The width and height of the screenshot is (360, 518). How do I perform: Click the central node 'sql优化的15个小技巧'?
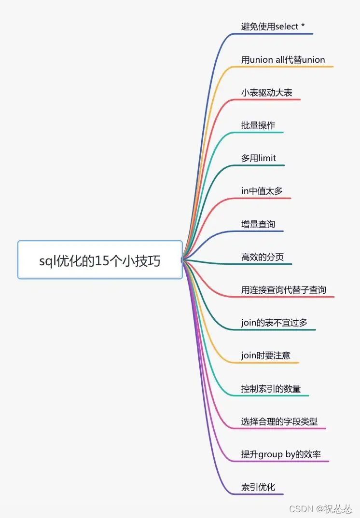pyautogui.click(x=100, y=261)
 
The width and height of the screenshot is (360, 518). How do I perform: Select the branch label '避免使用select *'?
pyautogui.click(x=273, y=27)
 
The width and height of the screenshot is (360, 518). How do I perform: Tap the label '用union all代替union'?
pyautogui.click(x=283, y=60)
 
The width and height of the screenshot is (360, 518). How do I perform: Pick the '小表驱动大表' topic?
pyautogui.click(x=266, y=93)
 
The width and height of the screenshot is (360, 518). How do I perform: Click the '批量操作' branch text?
pyautogui.click(x=258, y=125)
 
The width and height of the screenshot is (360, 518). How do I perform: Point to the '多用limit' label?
pyautogui.click(x=259, y=158)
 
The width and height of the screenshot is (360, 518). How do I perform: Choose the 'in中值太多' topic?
pyautogui.click(x=262, y=191)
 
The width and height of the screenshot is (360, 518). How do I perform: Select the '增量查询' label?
pyautogui.click(x=258, y=224)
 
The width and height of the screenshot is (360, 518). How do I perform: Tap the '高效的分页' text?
pyautogui.click(x=262, y=257)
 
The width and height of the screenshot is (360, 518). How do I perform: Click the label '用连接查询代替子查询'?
pyautogui.click(x=284, y=290)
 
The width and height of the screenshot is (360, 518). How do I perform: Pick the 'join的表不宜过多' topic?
pyautogui.click(x=274, y=323)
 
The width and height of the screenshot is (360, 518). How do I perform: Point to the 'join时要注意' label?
pyautogui.click(x=266, y=355)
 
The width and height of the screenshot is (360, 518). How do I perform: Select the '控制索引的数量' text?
pyautogui.click(x=271, y=388)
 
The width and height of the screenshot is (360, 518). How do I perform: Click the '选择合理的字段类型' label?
pyautogui.click(x=279, y=421)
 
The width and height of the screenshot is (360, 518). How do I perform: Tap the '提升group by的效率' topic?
pyautogui.click(x=281, y=454)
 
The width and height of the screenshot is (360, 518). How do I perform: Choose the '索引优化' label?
pyautogui.click(x=258, y=487)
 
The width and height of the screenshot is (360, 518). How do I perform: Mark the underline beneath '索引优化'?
pyautogui.click(x=261, y=494)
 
